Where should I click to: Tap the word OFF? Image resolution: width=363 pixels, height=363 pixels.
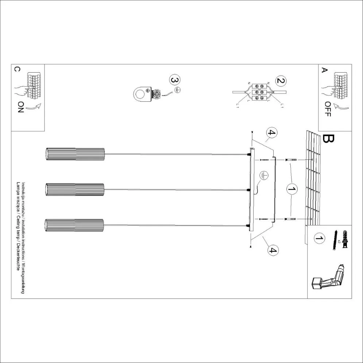pyautogui.click(x=327, y=109)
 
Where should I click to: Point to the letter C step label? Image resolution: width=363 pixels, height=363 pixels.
pyautogui.click(x=16, y=69)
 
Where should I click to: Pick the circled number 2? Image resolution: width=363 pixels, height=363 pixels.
pyautogui.click(x=281, y=81)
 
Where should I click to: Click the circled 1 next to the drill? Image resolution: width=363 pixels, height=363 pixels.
pyautogui.click(x=318, y=239)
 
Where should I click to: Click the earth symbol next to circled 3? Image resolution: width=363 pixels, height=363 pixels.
pyautogui.click(x=178, y=90)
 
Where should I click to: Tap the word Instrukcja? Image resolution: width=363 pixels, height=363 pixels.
pyautogui.click(x=23, y=190)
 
